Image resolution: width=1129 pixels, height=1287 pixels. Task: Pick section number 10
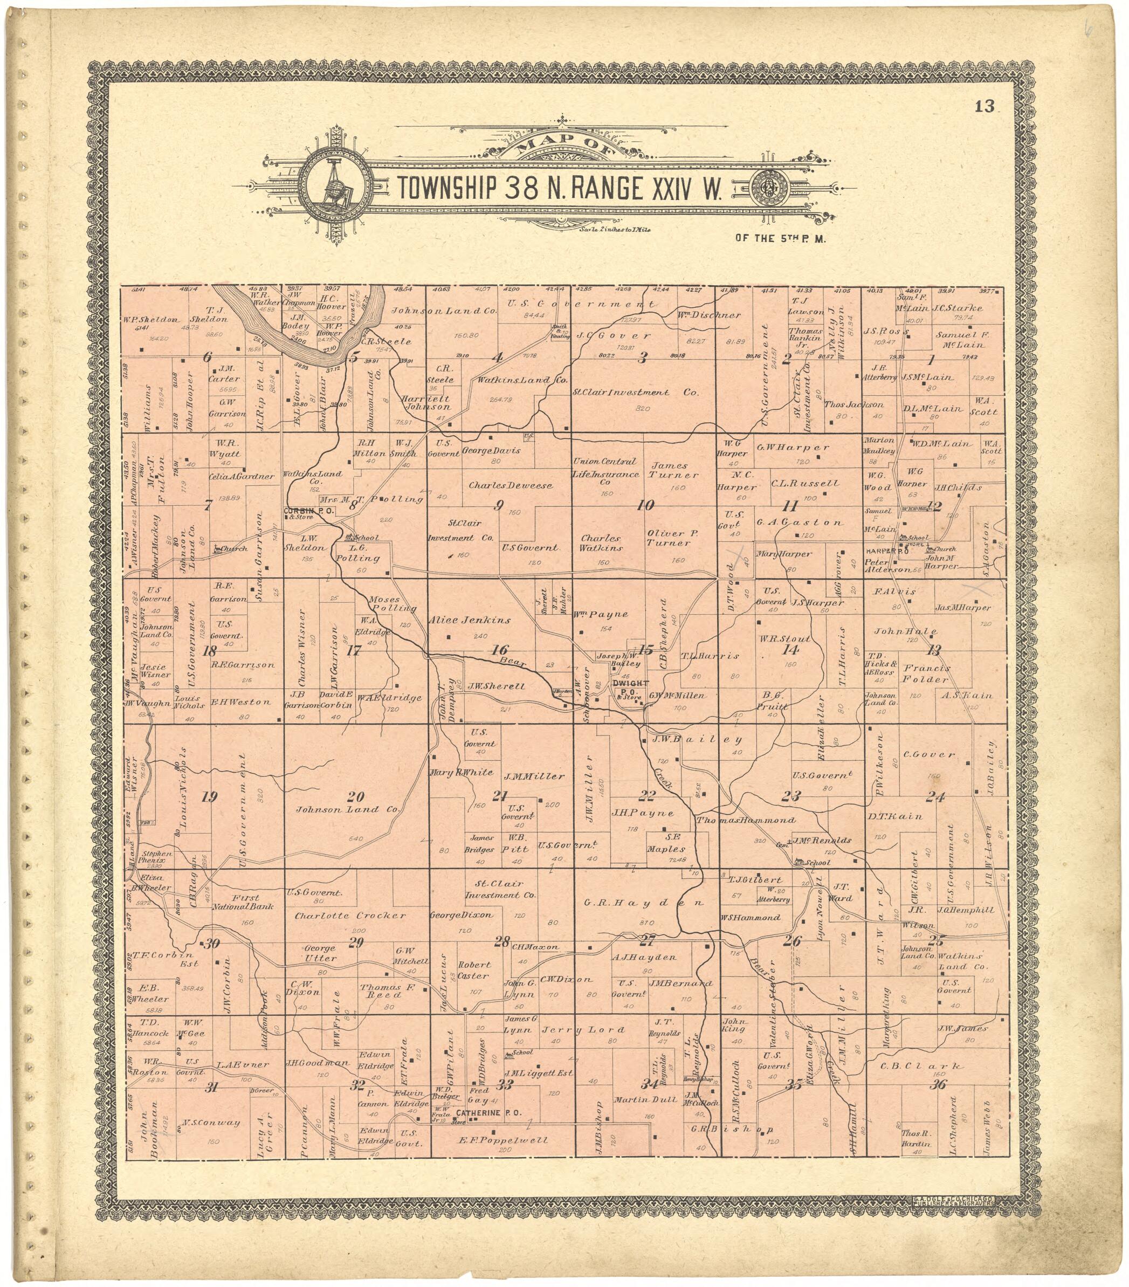coord(645,504)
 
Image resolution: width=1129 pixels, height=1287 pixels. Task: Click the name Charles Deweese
coord(510,485)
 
